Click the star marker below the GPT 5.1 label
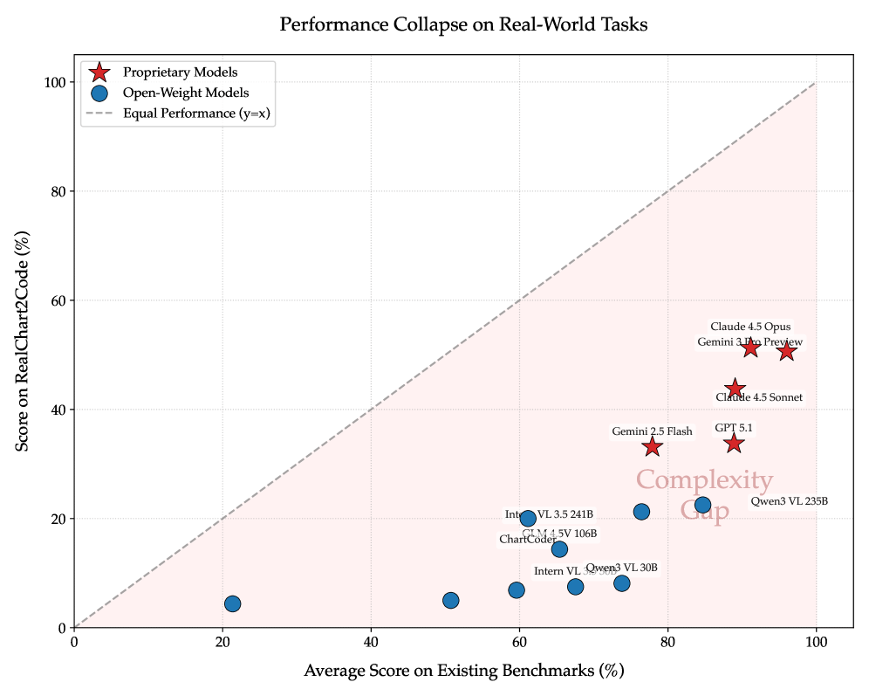tap(734, 444)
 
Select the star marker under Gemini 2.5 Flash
tap(652, 447)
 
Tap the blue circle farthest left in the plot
tap(232, 603)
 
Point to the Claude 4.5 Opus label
tap(750, 327)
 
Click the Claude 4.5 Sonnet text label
tap(759, 397)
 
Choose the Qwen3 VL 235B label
tap(789, 501)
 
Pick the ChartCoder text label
tap(527, 540)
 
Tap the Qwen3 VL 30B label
tap(621, 569)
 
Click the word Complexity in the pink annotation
tap(704, 481)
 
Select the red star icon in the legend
tap(99, 72)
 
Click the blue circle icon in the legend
tap(99, 93)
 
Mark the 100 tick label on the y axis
tap(56, 82)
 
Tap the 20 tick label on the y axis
tap(59, 519)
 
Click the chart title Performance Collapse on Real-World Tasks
tap(463, 24)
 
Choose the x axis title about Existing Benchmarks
tap(463, 672)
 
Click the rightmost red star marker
tap(786, 351)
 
